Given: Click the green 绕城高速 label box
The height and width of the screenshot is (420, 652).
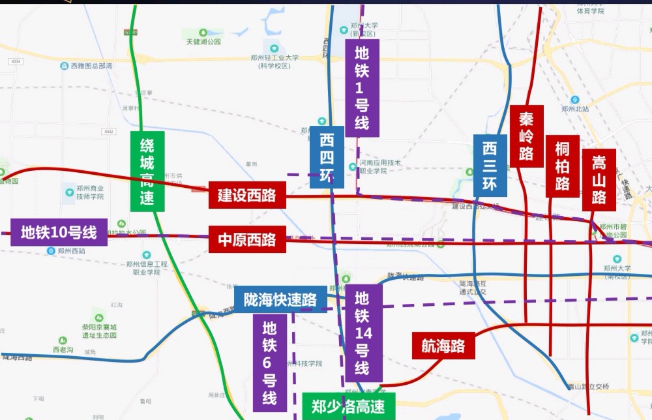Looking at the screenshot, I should point(147,171).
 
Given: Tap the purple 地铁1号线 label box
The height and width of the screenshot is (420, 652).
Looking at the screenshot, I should point(362,87).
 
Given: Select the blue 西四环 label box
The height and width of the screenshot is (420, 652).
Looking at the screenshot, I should point(327,157).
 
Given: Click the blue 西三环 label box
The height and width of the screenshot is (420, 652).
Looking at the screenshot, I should point(490,166).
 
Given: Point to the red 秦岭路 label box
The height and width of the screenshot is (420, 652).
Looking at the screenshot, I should point(526,136).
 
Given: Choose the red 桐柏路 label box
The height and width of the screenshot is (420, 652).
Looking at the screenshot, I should point(562,166).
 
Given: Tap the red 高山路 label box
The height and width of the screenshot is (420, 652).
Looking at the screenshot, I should point(599,179).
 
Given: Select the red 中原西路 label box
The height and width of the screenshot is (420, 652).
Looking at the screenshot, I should point(247,239).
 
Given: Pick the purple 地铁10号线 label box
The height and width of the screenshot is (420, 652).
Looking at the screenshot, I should point(59,232).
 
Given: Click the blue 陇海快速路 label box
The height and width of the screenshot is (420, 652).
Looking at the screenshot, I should point(280,299).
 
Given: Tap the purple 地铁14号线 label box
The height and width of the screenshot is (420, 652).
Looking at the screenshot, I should point(363,333).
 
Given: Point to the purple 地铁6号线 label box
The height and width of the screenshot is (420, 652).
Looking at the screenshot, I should point(269,363).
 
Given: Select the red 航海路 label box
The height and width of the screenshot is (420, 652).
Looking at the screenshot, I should point(443,346).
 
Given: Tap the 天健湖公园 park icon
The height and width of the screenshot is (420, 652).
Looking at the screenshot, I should point(203,32).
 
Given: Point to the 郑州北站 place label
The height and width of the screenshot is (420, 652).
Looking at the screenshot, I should point(575,109).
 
